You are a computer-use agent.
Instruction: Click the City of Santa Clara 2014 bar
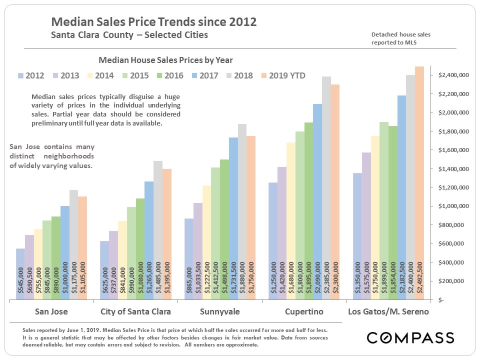122,260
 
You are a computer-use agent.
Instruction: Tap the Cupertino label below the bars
304,311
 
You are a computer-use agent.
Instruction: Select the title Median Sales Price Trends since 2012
154,22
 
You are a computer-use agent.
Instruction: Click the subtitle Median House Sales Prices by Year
165,60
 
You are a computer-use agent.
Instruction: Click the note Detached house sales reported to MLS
401,38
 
